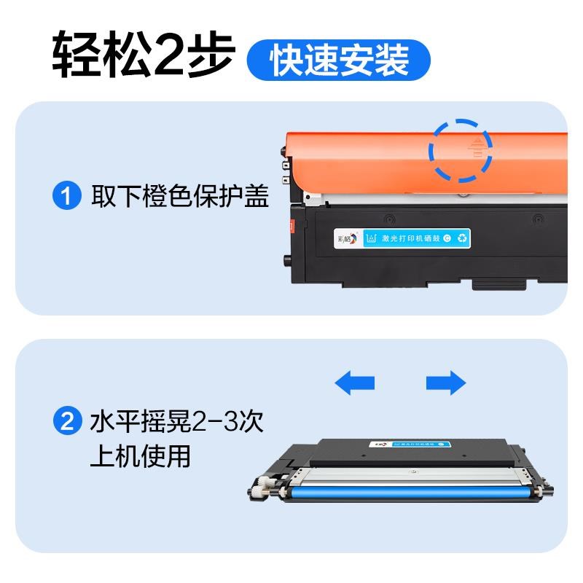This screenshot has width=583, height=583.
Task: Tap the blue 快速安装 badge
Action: click(x=340, y=60)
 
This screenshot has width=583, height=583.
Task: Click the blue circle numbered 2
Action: click(x=66, y=422)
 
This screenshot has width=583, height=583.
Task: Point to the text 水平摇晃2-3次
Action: click(x=176, y=421)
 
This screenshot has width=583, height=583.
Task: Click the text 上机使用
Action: click(x=139, y=455)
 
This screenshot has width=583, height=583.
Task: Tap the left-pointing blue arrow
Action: click(x=354, y=382)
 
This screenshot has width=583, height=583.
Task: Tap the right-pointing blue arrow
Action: click(x=445, y=382)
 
